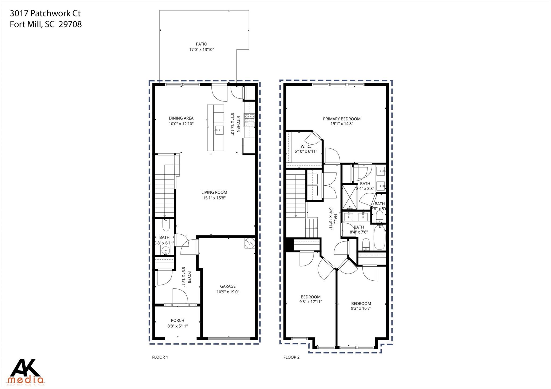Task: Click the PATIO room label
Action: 201,44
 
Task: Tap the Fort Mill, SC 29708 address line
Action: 46,24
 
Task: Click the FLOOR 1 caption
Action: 160,357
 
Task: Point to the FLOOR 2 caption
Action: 291,357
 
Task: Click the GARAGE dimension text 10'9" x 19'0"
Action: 228,292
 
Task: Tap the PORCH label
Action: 177,320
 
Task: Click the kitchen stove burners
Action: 249,120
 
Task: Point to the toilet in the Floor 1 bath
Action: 166,225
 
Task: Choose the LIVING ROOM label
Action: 214,192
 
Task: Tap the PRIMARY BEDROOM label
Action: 342,119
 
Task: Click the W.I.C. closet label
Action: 306,147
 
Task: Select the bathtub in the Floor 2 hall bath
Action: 379,237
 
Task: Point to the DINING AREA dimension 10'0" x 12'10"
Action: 181,124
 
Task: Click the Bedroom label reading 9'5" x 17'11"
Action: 310,299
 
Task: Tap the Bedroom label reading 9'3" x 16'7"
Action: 361,306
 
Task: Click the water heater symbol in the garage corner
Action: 249,243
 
